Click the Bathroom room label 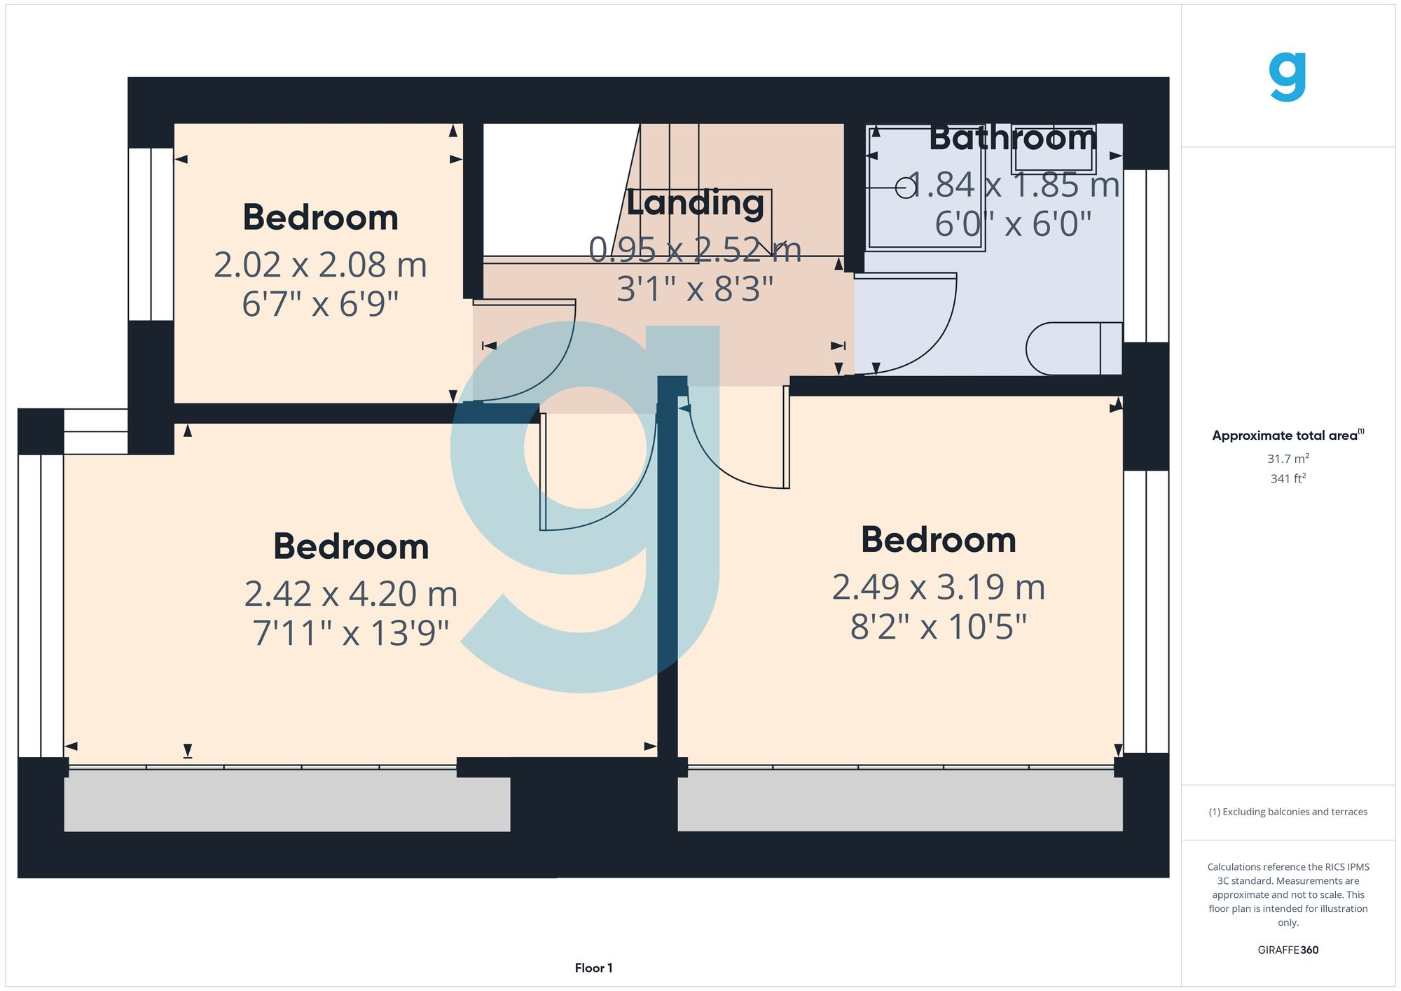[x=1012, y=138]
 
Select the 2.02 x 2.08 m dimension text [x=320, y=265]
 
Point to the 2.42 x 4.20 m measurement [x=351, y=594]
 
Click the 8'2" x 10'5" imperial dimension [x=938, y=627]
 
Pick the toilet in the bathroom [x=1072, y=348]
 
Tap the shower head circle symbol [x=905, y=188]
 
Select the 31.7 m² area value [x=1288, y=459]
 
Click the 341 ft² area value [x=1288, y=478]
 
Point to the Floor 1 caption [x=593, y=968]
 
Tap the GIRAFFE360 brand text [x=1288, y=950]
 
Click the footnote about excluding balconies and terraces [x=1288, y=812]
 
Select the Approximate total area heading [x=1288, y=435]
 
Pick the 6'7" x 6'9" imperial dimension [x=320, y=305]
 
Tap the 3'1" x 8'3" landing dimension [x=694, y=289]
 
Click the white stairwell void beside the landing [x=553, y=189]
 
